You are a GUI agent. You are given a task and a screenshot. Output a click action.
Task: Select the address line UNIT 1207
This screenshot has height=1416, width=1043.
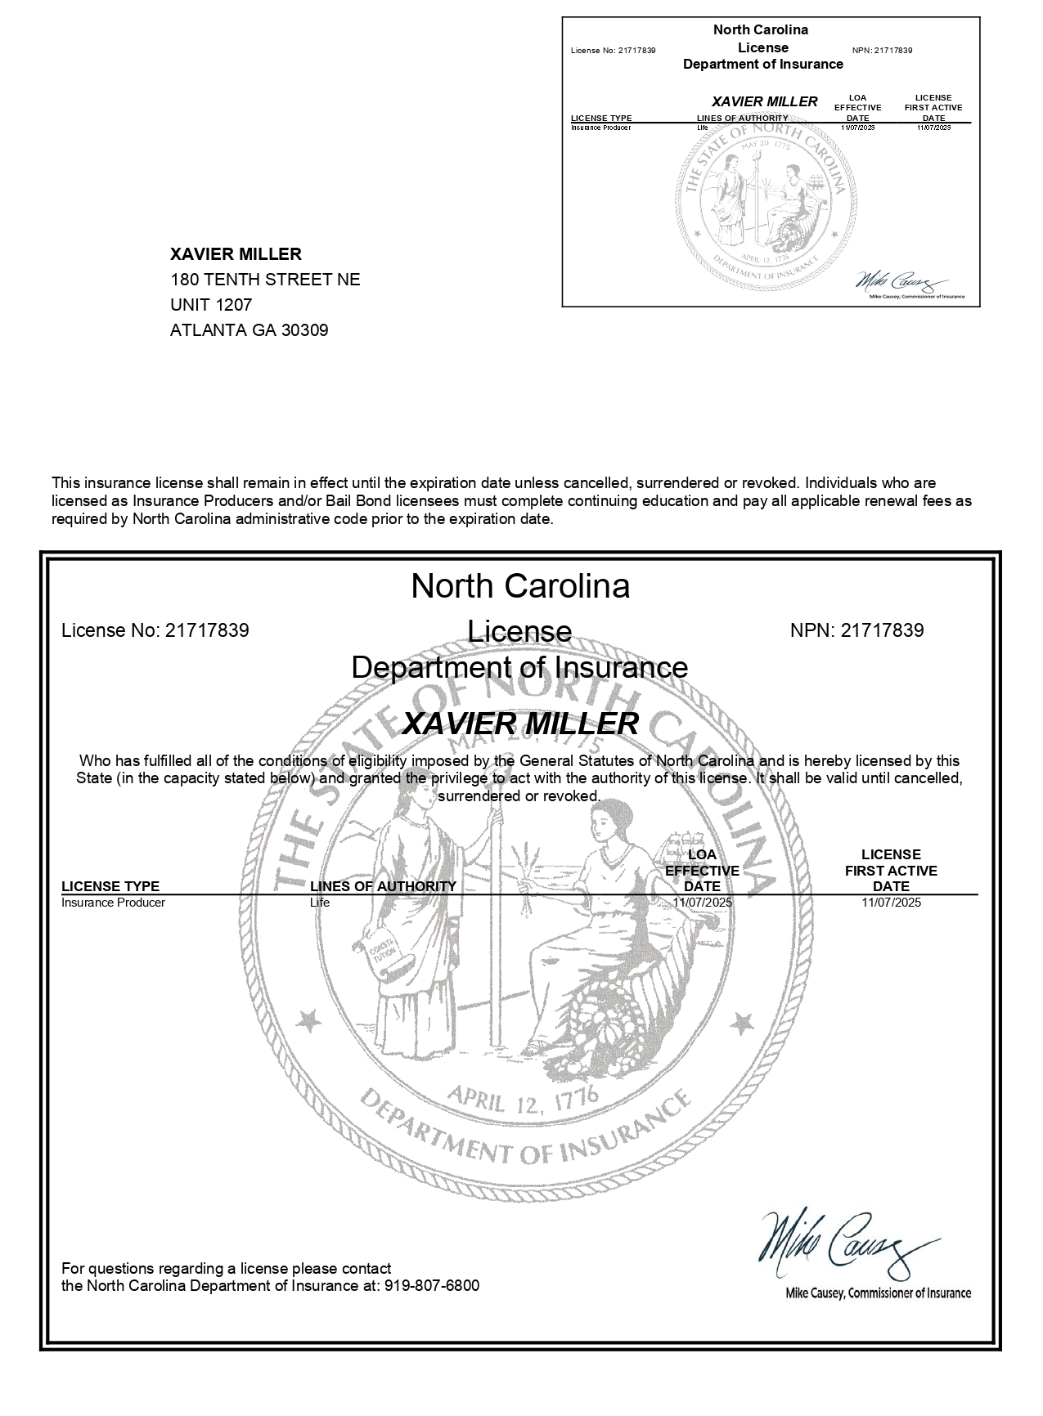(x=211, y=305)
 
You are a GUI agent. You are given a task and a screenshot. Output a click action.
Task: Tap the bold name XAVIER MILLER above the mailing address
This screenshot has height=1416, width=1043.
(x=236, y=254)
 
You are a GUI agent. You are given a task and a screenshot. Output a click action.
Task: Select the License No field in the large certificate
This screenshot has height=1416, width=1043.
(x=155, y=630)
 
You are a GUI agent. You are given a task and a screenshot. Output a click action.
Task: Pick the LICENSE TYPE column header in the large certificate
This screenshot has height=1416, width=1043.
(x=110, y=886)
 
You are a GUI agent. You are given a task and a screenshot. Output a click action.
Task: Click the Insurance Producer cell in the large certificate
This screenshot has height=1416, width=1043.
(x=113, y=903)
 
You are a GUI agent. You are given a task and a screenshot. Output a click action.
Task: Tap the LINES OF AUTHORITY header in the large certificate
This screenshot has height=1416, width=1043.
(x=383, y=886)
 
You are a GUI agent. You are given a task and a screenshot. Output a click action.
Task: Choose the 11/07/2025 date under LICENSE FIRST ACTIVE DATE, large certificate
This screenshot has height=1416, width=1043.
(x=891, y=903)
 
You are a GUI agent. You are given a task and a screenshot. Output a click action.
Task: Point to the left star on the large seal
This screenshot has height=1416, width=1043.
(x=308, y=1020)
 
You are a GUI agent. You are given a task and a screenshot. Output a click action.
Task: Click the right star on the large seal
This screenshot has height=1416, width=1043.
(x=741, y=1022)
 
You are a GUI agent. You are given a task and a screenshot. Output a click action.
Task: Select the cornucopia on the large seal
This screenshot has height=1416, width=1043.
(x=605, y=1014)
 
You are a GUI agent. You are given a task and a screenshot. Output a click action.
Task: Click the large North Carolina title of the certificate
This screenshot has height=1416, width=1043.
(x=520, y=586)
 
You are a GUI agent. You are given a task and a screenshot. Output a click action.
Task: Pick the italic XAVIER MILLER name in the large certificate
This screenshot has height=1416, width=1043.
(x=520, y=724)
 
